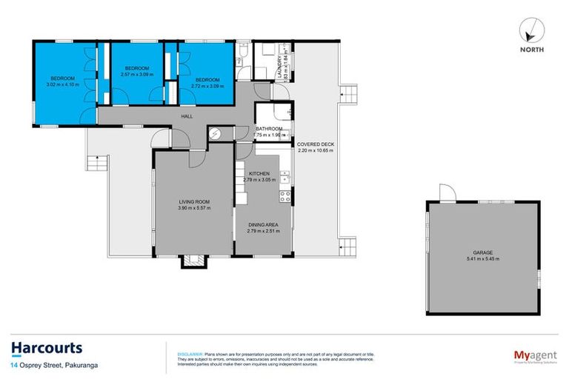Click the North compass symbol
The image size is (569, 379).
click(x=532, y=30)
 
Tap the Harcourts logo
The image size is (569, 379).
click(x=47, y=348)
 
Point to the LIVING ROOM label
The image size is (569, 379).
click(x=195, y=201)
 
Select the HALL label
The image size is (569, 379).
click(x=189, y=116)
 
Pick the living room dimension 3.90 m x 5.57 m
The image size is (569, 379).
click(x=195, y=208)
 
